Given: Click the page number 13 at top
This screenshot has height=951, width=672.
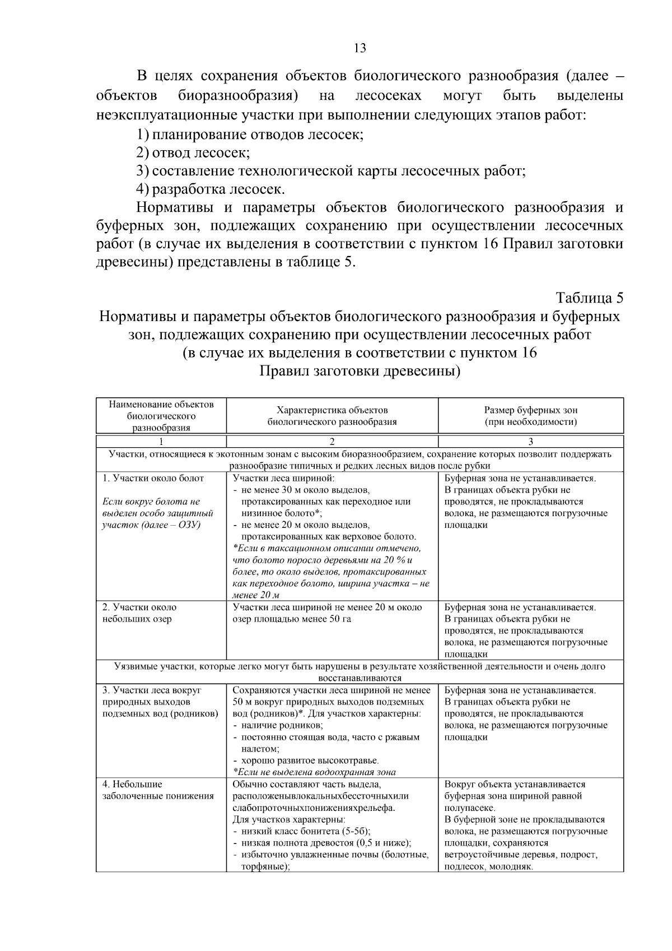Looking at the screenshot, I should (360, 48).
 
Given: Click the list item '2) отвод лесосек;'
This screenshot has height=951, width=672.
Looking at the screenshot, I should (193, 152).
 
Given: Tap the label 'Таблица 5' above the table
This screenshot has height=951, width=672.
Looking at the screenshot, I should (589, 297).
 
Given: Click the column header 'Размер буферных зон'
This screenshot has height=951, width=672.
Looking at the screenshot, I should (530, 410).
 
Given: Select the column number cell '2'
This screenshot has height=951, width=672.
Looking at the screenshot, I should (332, 441).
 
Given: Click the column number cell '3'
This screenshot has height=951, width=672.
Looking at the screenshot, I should (530, 441).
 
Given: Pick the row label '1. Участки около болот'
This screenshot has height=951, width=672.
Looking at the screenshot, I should (153, 479).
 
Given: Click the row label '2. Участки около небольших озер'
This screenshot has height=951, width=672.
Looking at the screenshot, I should (139, 613).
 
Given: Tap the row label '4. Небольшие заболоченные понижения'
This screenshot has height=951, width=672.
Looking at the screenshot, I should (157, 790).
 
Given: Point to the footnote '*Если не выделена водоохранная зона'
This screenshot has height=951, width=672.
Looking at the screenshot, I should (314, 772).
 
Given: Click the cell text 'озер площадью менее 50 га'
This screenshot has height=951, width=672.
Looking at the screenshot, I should (292, 619).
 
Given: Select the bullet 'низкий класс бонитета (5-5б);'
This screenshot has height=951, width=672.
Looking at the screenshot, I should (305, 831).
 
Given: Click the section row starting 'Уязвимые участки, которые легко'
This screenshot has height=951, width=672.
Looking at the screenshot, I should (360, 667).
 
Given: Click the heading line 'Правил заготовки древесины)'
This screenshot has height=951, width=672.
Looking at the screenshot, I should (360, 372).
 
